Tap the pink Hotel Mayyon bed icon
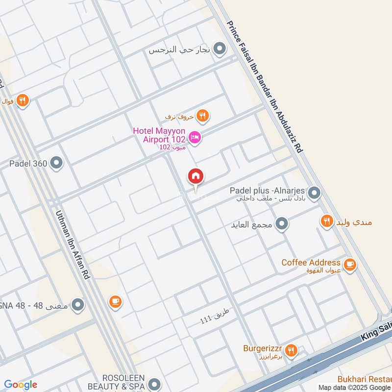click(195, 139)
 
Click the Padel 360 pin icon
click(57, 163)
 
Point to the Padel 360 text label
click(28, 163)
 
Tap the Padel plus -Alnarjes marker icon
click(315, 194)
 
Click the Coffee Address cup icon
click(349, 265)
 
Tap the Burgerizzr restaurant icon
click(292, 350)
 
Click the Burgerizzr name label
click(264, 349)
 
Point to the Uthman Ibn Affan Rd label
click(73, 245)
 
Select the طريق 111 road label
click(215, 316)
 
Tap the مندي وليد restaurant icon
click(327, 221)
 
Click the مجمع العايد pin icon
click(282, 224)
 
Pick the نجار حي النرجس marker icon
click(220, 49)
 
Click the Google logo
click(21, 385)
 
